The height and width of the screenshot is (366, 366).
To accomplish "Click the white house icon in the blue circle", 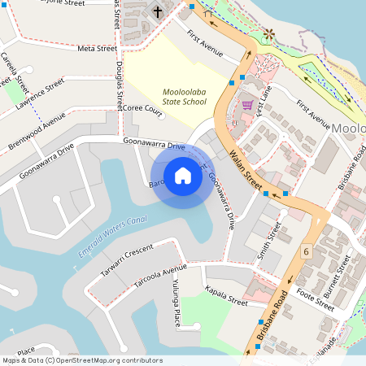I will click(x=182, y=176).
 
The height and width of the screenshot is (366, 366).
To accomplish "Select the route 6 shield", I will click(x=306, y=253).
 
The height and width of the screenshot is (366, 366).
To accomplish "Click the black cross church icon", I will click(x=157, y=11).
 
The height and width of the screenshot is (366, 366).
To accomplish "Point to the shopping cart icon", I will click(x=247, y=105).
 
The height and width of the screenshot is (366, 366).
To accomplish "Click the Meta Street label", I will click(x=97, y=49).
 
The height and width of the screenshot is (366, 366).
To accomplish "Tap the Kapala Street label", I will click(x=226, y=295).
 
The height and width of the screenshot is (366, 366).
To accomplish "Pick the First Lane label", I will click(x=261, y=102).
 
